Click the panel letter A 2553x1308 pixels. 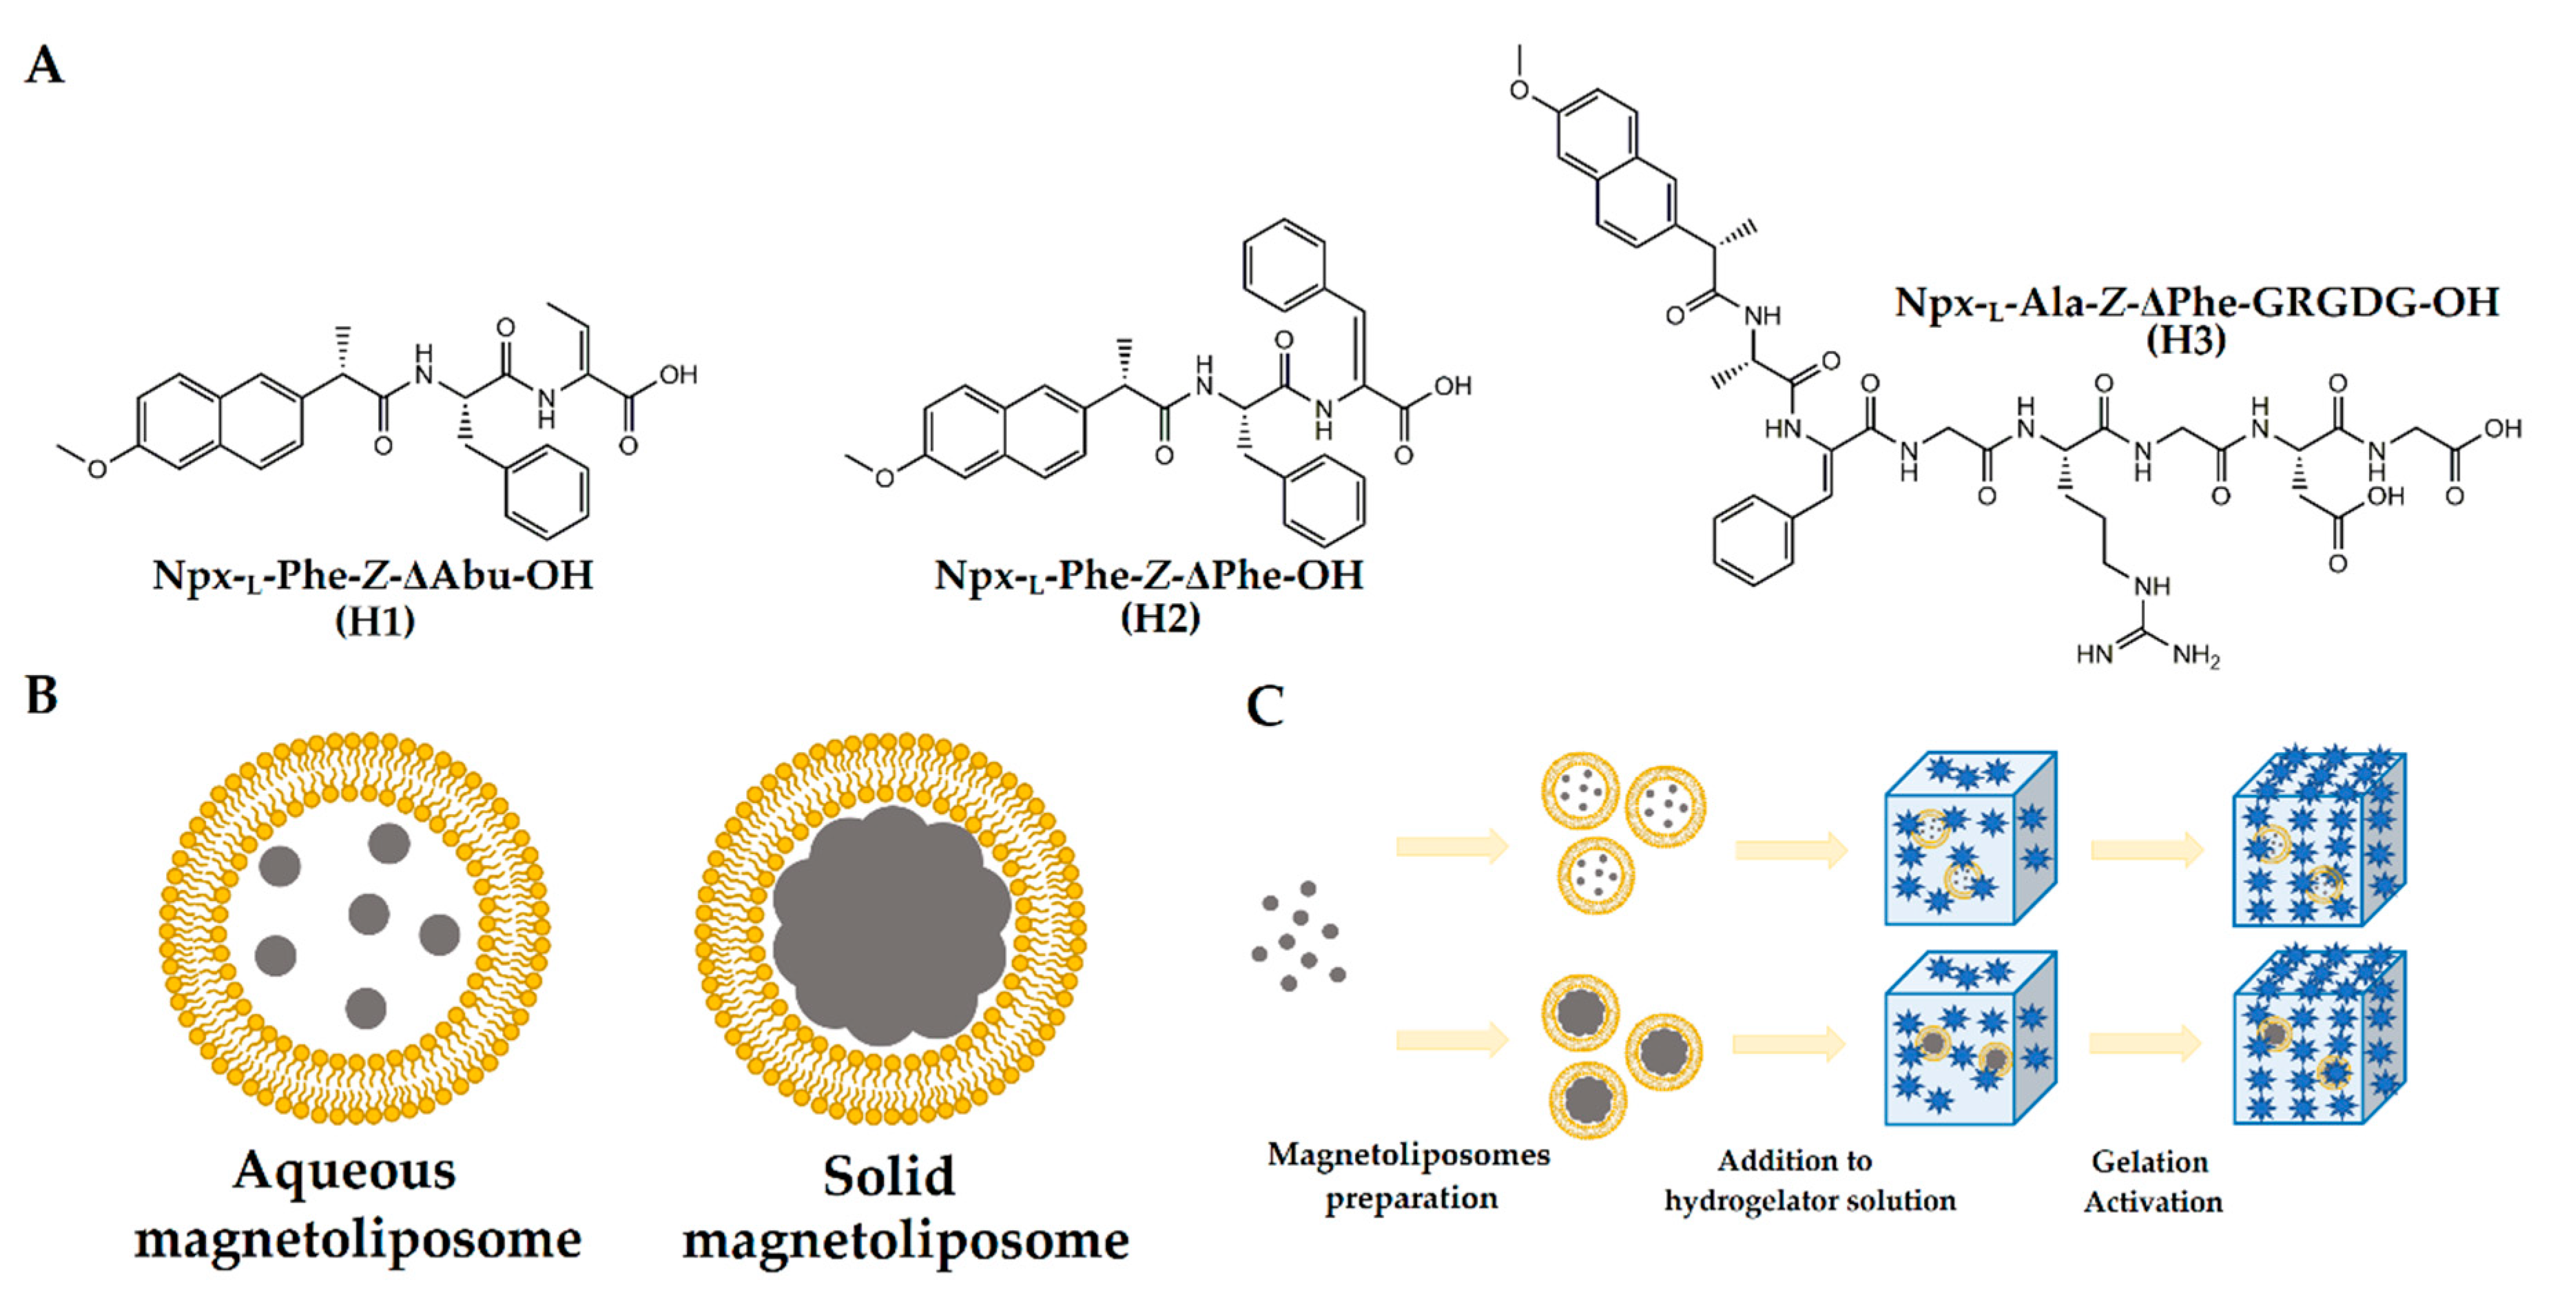click(x=45, y=65)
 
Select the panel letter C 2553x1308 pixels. click(x=1265, y=707)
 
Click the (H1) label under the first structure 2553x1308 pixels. click(x=375, y=621)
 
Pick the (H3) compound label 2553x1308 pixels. click(x=2185, y=340)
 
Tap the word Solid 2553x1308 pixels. click(x=889, y=1177)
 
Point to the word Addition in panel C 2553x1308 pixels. click(x=1795, y=1161)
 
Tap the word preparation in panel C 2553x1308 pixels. click(x=1412, y=1199)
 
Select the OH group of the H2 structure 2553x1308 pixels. click(x=1452, y=386)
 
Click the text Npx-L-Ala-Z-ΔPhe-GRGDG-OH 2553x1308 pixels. click(x=2196, y=302)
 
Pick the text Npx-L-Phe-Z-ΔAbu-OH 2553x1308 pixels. click(x=373, y=576)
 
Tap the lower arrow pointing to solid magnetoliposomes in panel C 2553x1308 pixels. click(x=1452, y=1039)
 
